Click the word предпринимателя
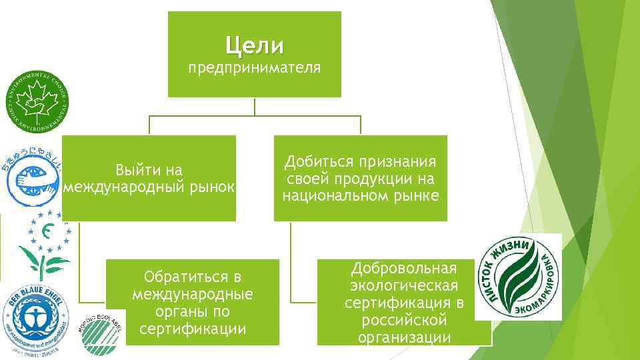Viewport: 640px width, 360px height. tap(254, 67)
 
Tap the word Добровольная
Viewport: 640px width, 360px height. tap(403, 268)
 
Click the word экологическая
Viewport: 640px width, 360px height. tap(404, 286)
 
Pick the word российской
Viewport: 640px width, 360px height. tap(404, 321)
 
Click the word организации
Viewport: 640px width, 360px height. tap(404, 338)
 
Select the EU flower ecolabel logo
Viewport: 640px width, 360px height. tap(43, 245)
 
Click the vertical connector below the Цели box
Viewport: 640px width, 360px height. tap(254, 107)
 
